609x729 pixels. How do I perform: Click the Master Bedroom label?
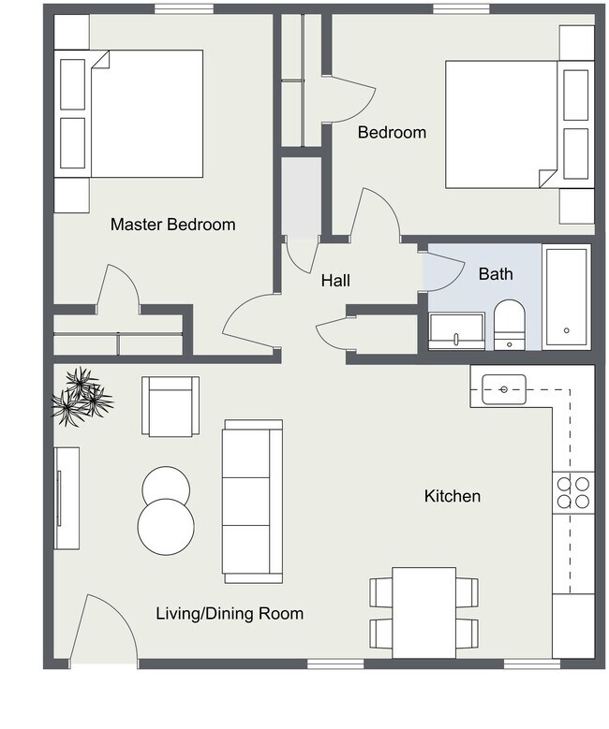172,225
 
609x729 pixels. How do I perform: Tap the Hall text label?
335,280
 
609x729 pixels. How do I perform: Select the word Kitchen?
452,496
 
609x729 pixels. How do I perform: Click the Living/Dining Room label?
229,614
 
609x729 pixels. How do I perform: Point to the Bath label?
496,274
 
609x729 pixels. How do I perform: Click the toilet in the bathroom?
510,325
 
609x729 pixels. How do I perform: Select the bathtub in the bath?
566,296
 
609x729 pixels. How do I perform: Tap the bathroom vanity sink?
456,330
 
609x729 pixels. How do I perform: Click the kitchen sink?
504,387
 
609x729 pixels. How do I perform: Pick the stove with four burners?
572,492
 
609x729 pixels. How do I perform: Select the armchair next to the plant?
170,405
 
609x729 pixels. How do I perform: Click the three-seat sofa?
252,501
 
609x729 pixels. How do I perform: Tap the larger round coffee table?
165,526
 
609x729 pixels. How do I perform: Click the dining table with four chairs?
423,612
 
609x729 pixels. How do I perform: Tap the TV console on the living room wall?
67,498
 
